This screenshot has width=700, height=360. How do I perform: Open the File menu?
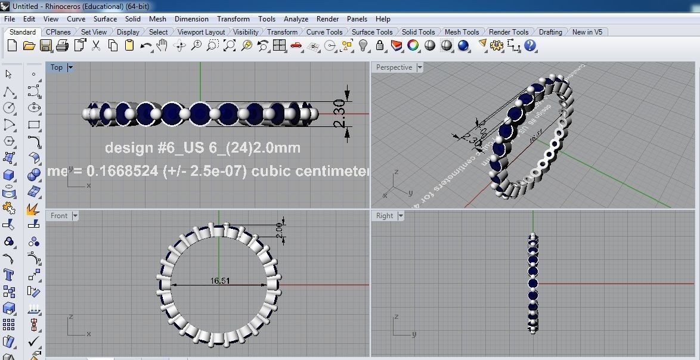point(10,19)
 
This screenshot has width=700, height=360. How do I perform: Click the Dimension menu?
point(191,19)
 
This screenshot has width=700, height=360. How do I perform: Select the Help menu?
point(383,19)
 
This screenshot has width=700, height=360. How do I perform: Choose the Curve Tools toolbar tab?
point(324,32)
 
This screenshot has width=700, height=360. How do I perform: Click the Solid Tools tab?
point(418,32)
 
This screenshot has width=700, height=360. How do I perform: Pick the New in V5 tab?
point(587,32)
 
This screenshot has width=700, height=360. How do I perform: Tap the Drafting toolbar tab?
point(550,32)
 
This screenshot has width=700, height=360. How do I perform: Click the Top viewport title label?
point(57,67)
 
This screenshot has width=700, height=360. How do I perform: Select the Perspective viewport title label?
point(394,67)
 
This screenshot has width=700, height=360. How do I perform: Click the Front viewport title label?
point(59,216)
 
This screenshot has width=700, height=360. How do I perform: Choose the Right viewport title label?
point(385,216)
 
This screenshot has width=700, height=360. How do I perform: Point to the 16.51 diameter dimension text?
point(221,281)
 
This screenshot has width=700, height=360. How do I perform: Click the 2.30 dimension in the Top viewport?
point(339,114)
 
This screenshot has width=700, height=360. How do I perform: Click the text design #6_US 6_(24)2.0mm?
point(202,148)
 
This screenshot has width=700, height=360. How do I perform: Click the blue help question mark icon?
point(530,46)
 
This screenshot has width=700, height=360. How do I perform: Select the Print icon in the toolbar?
point(63,46)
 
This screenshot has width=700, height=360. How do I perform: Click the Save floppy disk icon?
point(46,46)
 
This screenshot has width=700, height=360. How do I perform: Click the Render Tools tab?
point(508,32)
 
